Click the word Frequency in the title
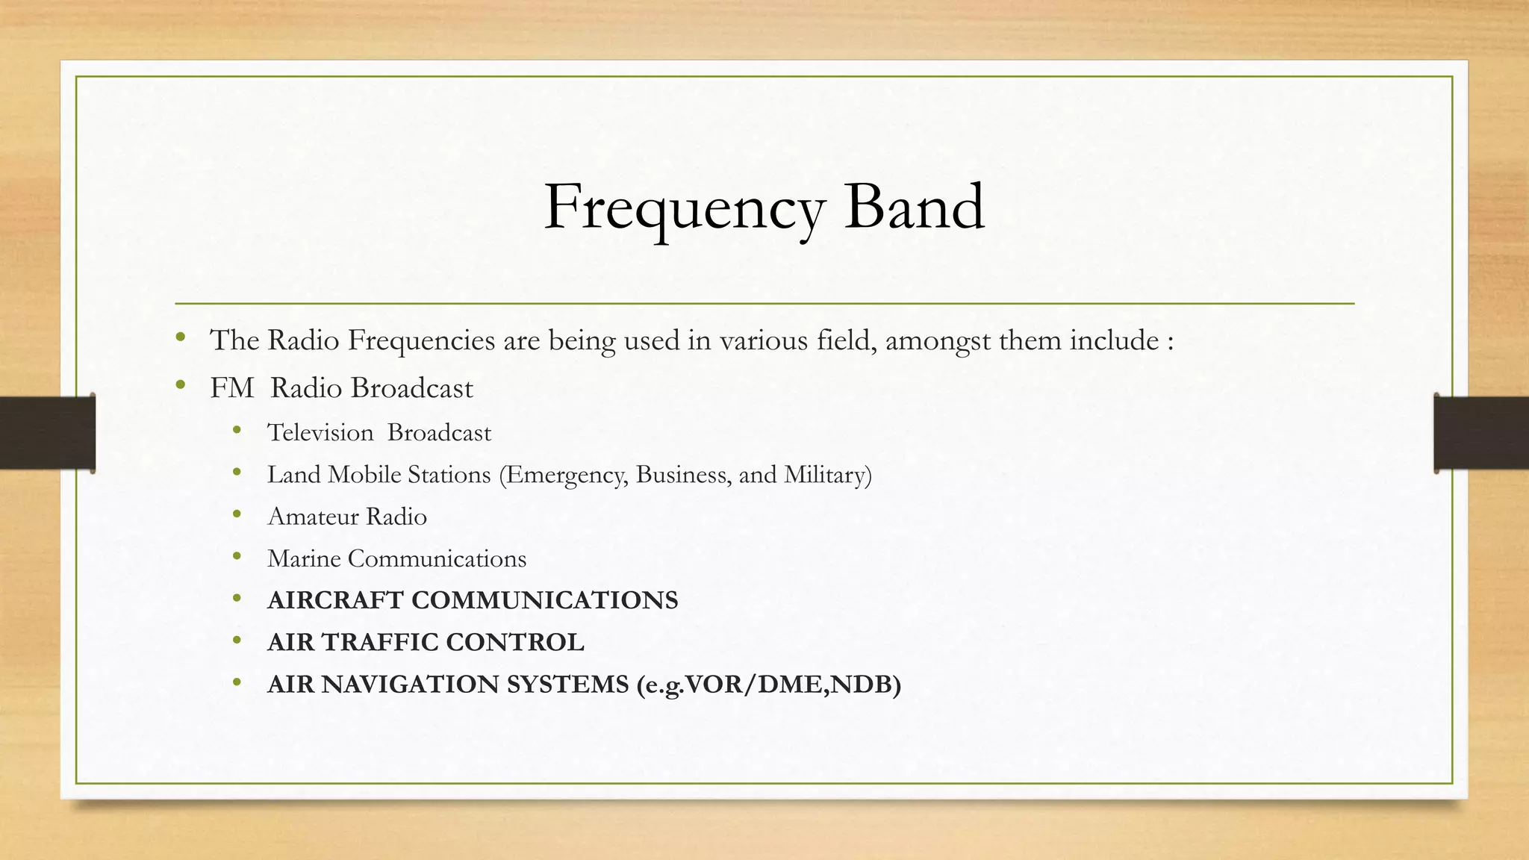click(x=684, y=208)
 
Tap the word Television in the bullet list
click(x=320, y=433)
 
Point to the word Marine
click(x=304, y=558)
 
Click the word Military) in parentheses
click(x=827, y=475)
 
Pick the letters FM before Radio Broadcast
click(x=231, y=388)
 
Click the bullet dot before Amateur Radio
click(x=237, y=514)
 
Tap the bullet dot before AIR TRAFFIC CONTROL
click(x=237, y=641)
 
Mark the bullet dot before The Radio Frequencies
click(x=180, y=338)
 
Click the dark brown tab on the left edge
click(x=47, y=433)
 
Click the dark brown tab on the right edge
click(x=1481, y=433)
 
